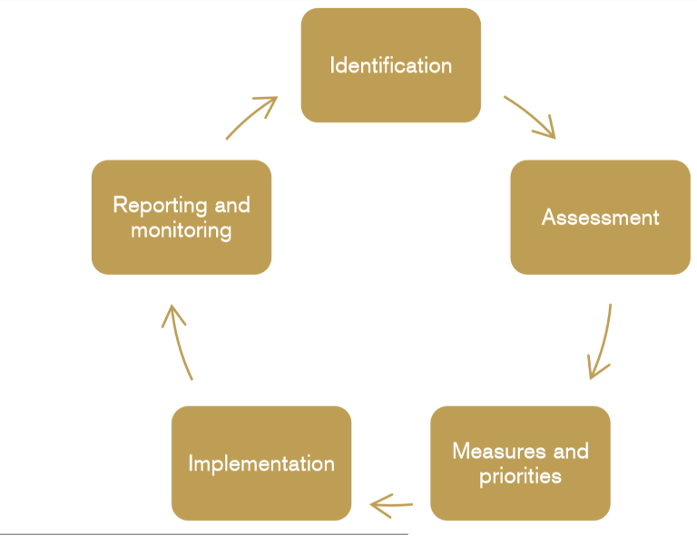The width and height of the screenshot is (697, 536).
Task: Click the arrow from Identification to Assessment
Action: point(529,117)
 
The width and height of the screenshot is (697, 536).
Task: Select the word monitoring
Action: point(182,230)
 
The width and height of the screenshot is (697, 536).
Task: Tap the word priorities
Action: point(520,476)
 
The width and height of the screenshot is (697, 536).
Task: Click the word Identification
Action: point(390,65)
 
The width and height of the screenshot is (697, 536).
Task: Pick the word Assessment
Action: point(600,218)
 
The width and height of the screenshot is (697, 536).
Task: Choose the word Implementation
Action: point(261,463)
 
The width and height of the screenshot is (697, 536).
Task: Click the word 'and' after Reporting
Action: point(232,205)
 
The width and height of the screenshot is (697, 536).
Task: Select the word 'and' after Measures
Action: point(571,451)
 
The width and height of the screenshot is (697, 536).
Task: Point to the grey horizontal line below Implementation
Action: point(204,533)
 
